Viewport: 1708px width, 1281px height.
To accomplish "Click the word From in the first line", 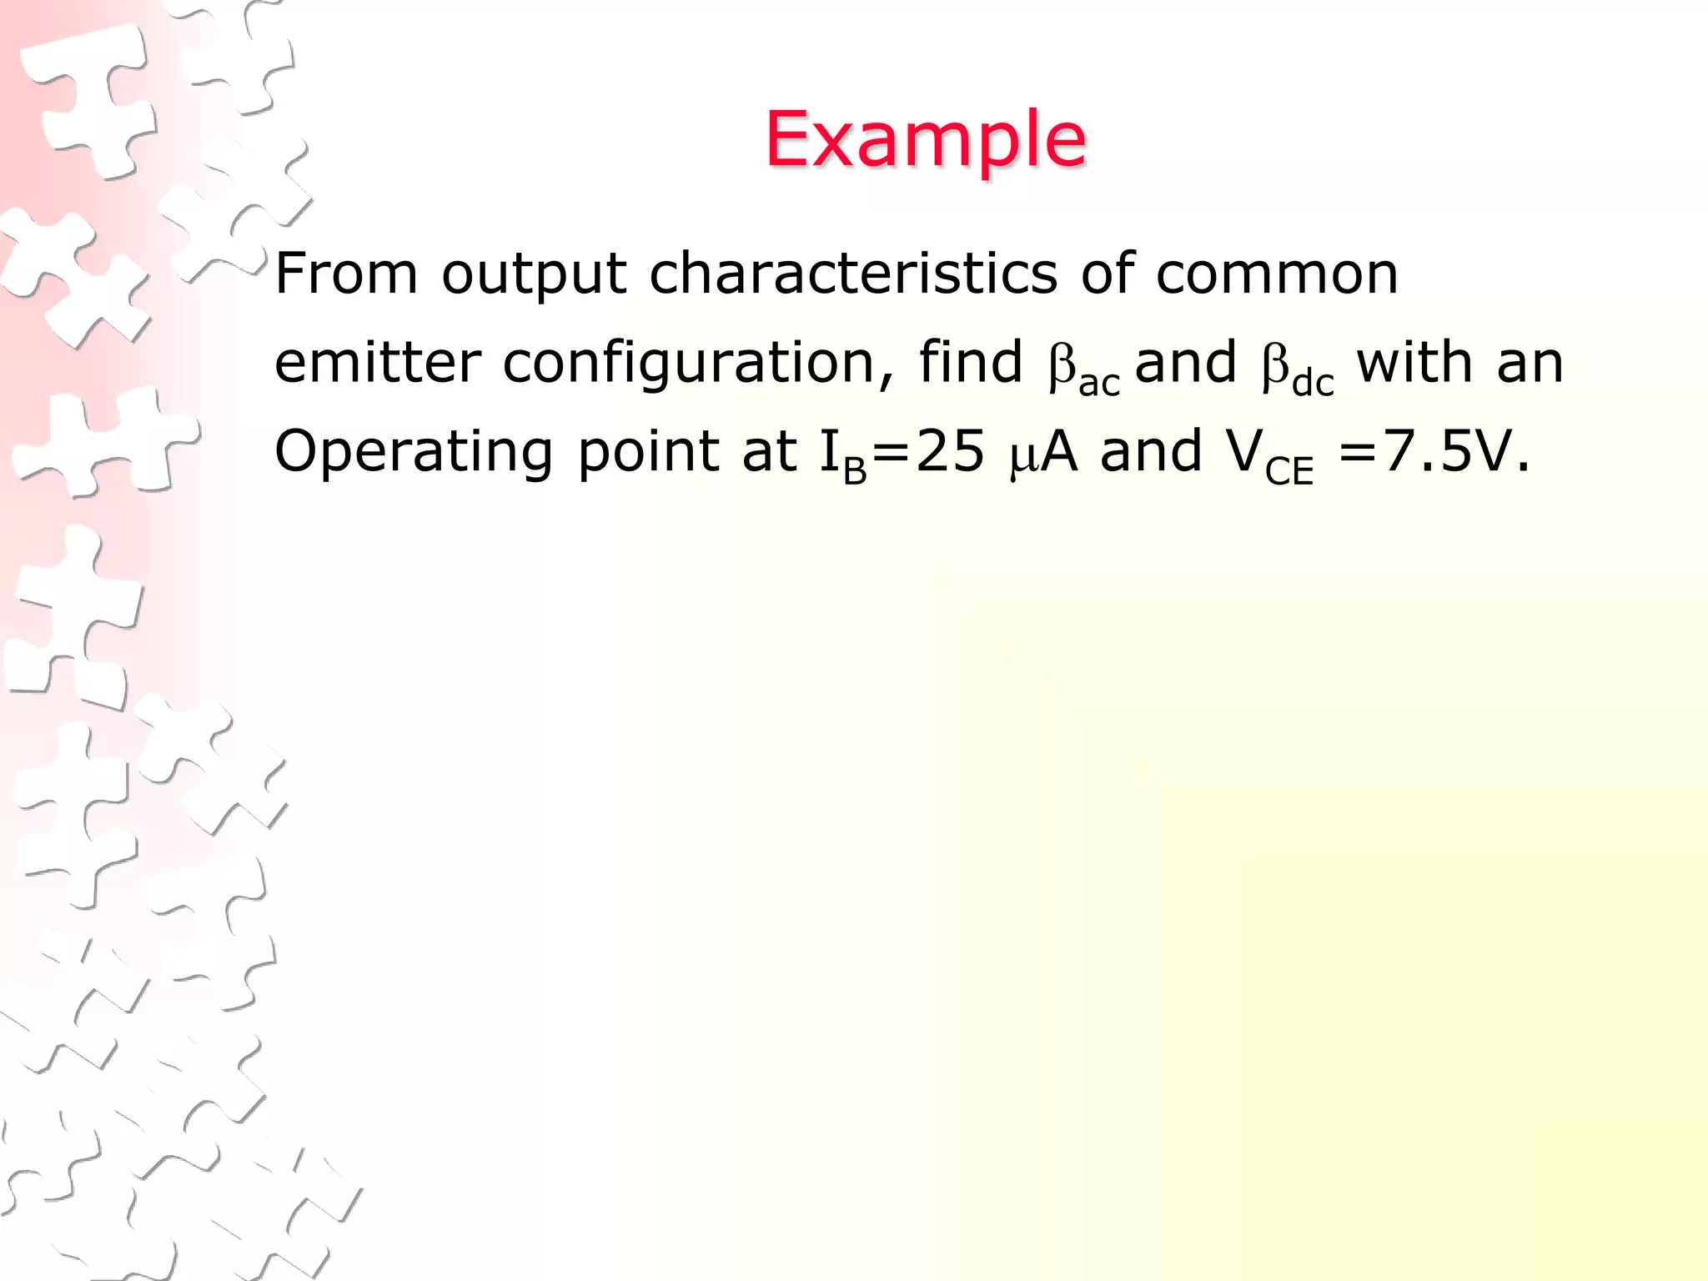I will [x=346, y=274].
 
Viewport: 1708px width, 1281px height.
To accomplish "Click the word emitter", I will [x=377, y=363].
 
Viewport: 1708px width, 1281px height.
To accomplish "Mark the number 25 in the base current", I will [x=950, y=452].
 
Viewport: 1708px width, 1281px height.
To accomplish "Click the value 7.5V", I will [x=1455, y=452].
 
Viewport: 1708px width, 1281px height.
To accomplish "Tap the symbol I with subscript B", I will [x=842, y=455].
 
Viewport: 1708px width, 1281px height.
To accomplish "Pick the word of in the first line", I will [x=1106, y=274].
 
